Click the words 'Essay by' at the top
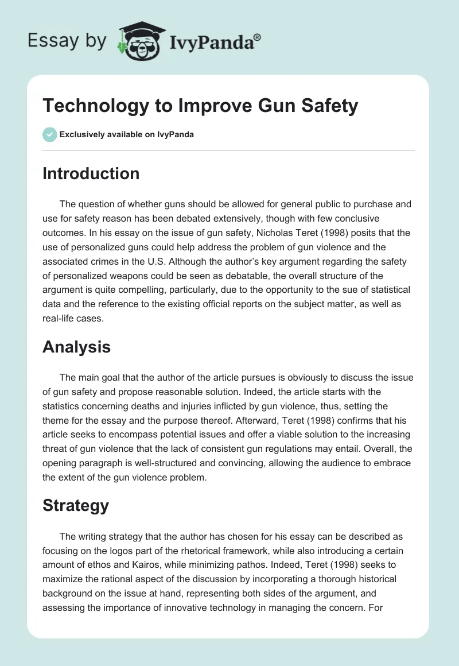[67, 41]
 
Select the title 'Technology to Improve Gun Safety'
[200, 106]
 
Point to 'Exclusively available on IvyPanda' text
[126, 135]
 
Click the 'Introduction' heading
[91, 173]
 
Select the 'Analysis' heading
[76, 347]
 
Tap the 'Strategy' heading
[76, 505]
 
